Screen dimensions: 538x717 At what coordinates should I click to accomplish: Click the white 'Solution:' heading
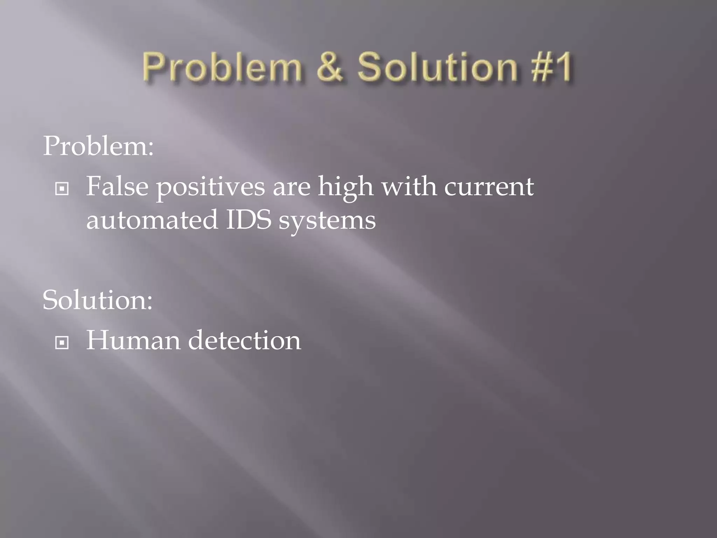(x=98, y=300)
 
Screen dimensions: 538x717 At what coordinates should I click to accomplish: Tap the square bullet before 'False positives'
(x=62, y=189)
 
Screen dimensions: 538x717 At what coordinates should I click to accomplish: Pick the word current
(x=489, y=187)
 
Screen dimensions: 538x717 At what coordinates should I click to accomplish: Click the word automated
(x=152, y=220)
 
